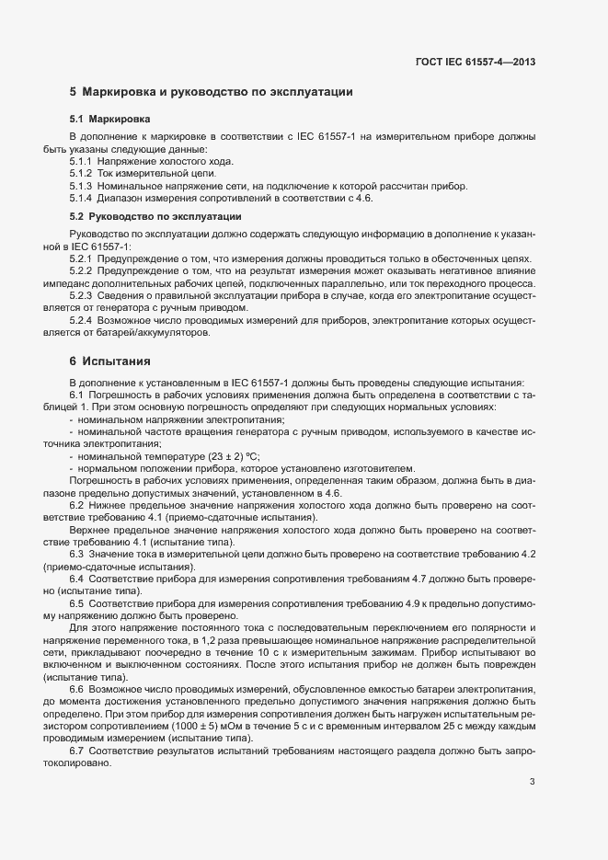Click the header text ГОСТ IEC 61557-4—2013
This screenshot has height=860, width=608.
point(476,63)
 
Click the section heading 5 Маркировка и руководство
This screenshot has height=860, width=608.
point(212,93)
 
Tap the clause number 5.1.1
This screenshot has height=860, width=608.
point(81,161)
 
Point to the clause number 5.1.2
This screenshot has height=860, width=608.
point(81,173)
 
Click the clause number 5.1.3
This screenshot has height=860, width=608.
point(81,186)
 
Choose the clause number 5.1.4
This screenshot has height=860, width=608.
point(81,198)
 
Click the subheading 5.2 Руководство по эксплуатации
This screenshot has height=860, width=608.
point(155,217)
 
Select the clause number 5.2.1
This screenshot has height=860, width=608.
point(81,259)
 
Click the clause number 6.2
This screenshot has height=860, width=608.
point(77,506)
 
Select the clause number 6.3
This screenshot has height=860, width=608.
point(77,555)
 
